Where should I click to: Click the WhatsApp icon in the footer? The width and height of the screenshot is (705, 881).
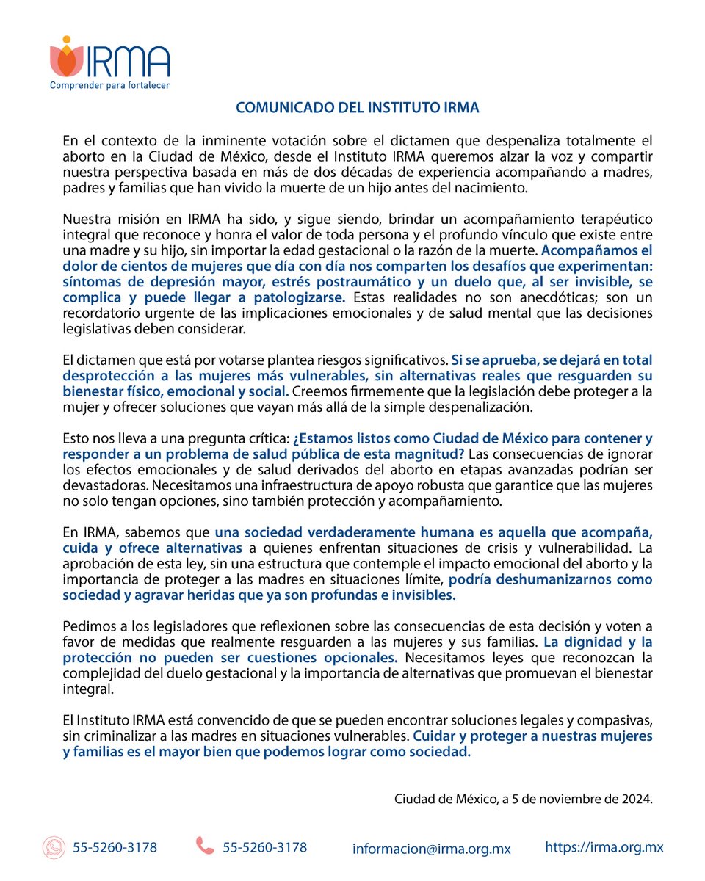(x=54, y=848)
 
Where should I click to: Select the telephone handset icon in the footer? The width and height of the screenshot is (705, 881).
(x=205, y=846)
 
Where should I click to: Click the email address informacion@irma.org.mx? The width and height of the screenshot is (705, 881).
(x=431, y=849)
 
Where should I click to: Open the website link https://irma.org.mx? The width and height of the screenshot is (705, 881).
(x=604, y=847)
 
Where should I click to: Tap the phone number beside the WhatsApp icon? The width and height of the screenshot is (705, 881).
(x=115, y=847)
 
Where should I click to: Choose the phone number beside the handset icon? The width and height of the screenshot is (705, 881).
(x=265, y=847)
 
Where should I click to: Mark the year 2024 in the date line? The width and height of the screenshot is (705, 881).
(x=636, y=798)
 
